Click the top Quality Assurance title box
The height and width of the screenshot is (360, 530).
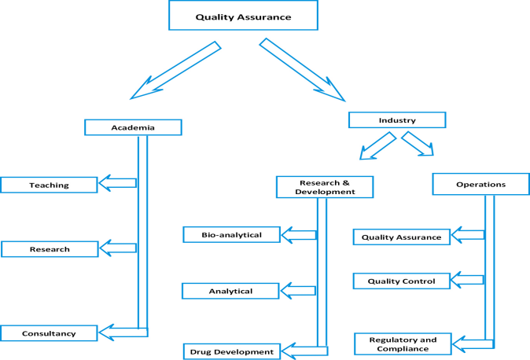pos(243,16)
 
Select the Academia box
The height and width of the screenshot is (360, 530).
pos(133,127)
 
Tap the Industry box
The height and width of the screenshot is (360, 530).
pos(397,120)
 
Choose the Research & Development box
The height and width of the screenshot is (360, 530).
pos(325,186)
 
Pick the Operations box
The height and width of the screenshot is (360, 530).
pos(480,184)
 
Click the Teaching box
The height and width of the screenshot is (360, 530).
pos(49,185)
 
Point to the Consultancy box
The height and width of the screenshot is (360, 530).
pos(50,333)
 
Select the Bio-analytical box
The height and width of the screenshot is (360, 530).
pos(232,234)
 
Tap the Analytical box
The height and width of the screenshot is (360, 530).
pos(231,291)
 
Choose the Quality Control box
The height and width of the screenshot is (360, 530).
pos(401,281)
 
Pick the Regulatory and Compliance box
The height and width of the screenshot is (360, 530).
pos(403,343)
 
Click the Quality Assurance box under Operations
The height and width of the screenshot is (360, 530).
pos(402,237)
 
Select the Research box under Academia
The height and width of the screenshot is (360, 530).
pos(50,249)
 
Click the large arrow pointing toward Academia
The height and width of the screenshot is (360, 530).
pos(175,71)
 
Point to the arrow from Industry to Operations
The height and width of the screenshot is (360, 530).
pos(418,145)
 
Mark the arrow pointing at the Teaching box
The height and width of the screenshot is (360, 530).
pos(117,183)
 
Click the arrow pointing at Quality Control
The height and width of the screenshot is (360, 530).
pos(469,279)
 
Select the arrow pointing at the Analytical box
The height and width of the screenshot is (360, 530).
pos(299,291)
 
